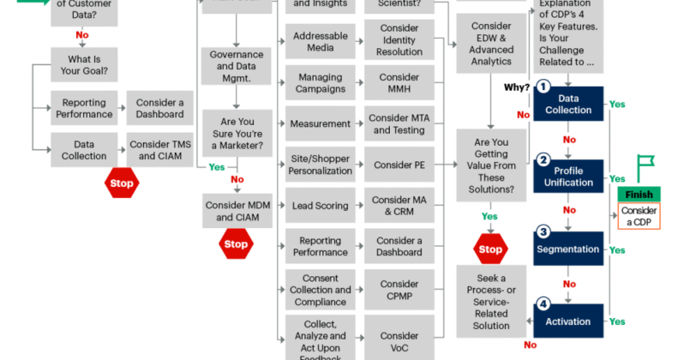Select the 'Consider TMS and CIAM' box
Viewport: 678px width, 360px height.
(159, 149)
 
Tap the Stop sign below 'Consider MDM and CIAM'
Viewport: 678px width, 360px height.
(235, 244)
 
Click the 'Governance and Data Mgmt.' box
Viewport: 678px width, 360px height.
(237, 66)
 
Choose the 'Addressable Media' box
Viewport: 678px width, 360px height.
(320, 42)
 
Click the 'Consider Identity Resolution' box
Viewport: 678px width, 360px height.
(399, 42)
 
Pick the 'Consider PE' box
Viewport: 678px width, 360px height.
(399, 164)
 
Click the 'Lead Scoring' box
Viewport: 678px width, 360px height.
(320, 206)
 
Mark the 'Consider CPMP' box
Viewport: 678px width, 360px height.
(399, 290)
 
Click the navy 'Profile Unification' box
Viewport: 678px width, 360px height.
(568, 176)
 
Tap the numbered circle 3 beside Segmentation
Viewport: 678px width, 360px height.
(543, 231)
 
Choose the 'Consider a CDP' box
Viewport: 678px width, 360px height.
(639, 216)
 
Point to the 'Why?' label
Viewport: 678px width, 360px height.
(516, 87)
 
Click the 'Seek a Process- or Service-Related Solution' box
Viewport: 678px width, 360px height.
(491, 302)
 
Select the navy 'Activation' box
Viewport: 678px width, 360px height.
(568, 321)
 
